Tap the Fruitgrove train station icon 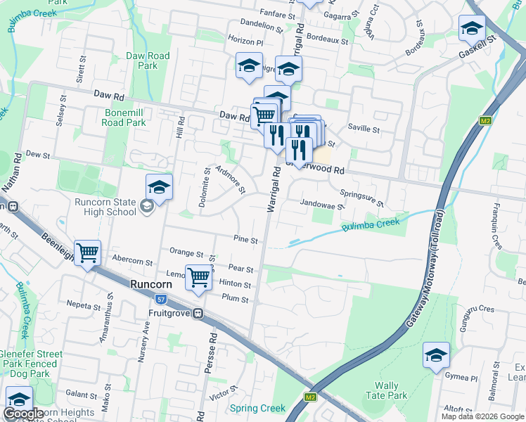[199, 313]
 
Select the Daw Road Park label [148, 60]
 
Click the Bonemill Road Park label [115, 117]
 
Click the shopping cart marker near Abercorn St [88, 252]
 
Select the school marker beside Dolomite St [159, 187]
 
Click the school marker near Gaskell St [472, 28]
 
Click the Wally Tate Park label [391, 390]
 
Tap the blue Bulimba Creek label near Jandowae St [370, 225]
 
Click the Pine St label [245, 241]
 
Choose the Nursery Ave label [146, 343]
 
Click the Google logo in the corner [23, 414]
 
